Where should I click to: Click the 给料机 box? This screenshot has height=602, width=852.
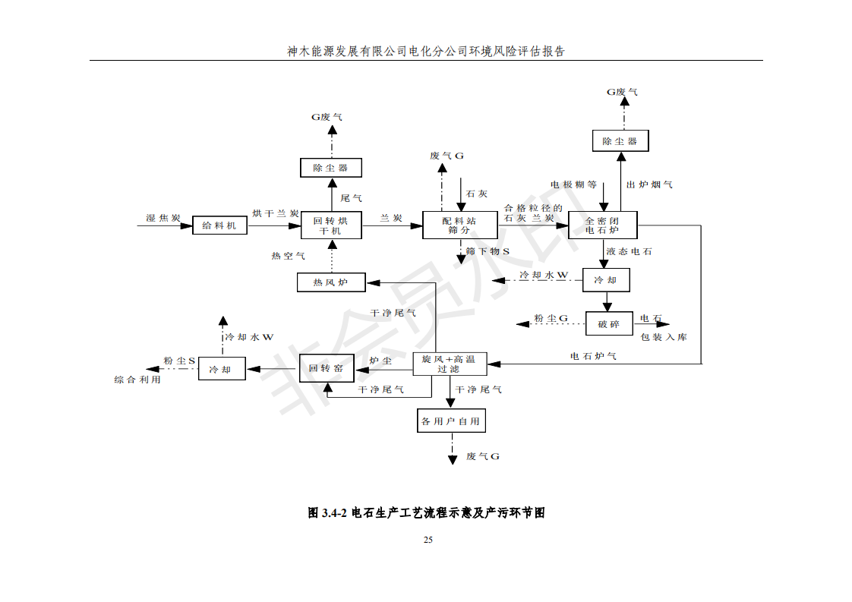(219, 225)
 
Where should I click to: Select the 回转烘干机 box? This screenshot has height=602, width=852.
(330, 225)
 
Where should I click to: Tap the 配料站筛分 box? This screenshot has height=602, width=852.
(460, 225)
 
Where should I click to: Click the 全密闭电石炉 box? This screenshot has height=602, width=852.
(602, 225)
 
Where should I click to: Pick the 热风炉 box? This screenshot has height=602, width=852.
(330, 282)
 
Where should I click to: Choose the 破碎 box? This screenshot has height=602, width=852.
(608, 324)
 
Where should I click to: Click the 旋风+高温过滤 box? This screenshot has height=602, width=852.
(450, 364)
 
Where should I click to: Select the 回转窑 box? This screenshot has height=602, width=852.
(327, 368)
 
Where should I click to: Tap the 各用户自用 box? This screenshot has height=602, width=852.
(450, 421)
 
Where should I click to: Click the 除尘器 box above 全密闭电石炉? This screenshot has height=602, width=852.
(620, 141)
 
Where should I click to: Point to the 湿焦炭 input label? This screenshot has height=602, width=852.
(163, 219)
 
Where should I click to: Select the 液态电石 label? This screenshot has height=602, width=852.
(629, 251)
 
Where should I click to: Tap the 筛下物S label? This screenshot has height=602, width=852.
(488, 251)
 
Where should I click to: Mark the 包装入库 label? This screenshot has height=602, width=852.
(663, 337)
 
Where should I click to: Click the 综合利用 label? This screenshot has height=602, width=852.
(137, 379)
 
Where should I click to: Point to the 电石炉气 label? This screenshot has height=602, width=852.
(593, 355)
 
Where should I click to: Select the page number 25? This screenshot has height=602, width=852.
(428, 540)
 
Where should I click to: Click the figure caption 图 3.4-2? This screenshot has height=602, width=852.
(426, 512)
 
